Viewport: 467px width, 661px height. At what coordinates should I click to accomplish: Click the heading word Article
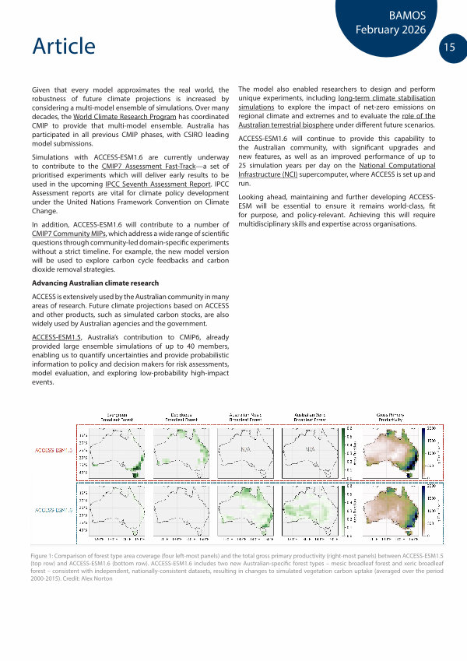coord(64,47)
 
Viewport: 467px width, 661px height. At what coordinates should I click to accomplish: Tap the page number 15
coord(450,47)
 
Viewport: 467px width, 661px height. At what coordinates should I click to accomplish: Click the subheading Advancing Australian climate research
coord(95,283)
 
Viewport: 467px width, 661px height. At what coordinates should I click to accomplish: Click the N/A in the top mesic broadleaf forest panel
coord(246,451)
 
